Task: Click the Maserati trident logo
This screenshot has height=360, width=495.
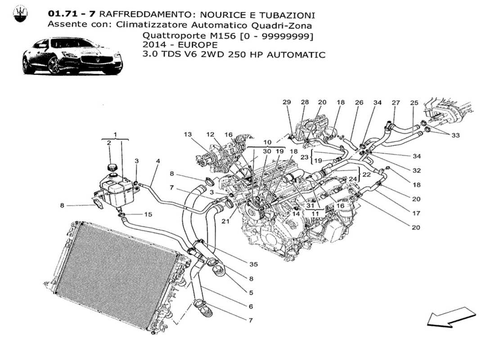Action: click(x=19, y=14)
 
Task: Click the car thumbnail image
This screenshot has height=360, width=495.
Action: click(x=72, y=56)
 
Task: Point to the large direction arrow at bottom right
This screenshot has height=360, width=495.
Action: click(x=451, y=316)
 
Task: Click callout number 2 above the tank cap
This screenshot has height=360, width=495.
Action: click(x=109, y=143)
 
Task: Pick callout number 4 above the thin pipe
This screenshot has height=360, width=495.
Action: click(x=157, y=161)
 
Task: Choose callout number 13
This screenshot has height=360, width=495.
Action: click(x=188, y=134)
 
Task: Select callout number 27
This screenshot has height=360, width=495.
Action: click(x=396, y=103)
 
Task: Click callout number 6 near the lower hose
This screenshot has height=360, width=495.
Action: click(x=250, y=306)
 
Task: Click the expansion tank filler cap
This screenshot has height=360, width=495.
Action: click(x=112, y=168)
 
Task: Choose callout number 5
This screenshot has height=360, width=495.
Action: click(x=250, y=292)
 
